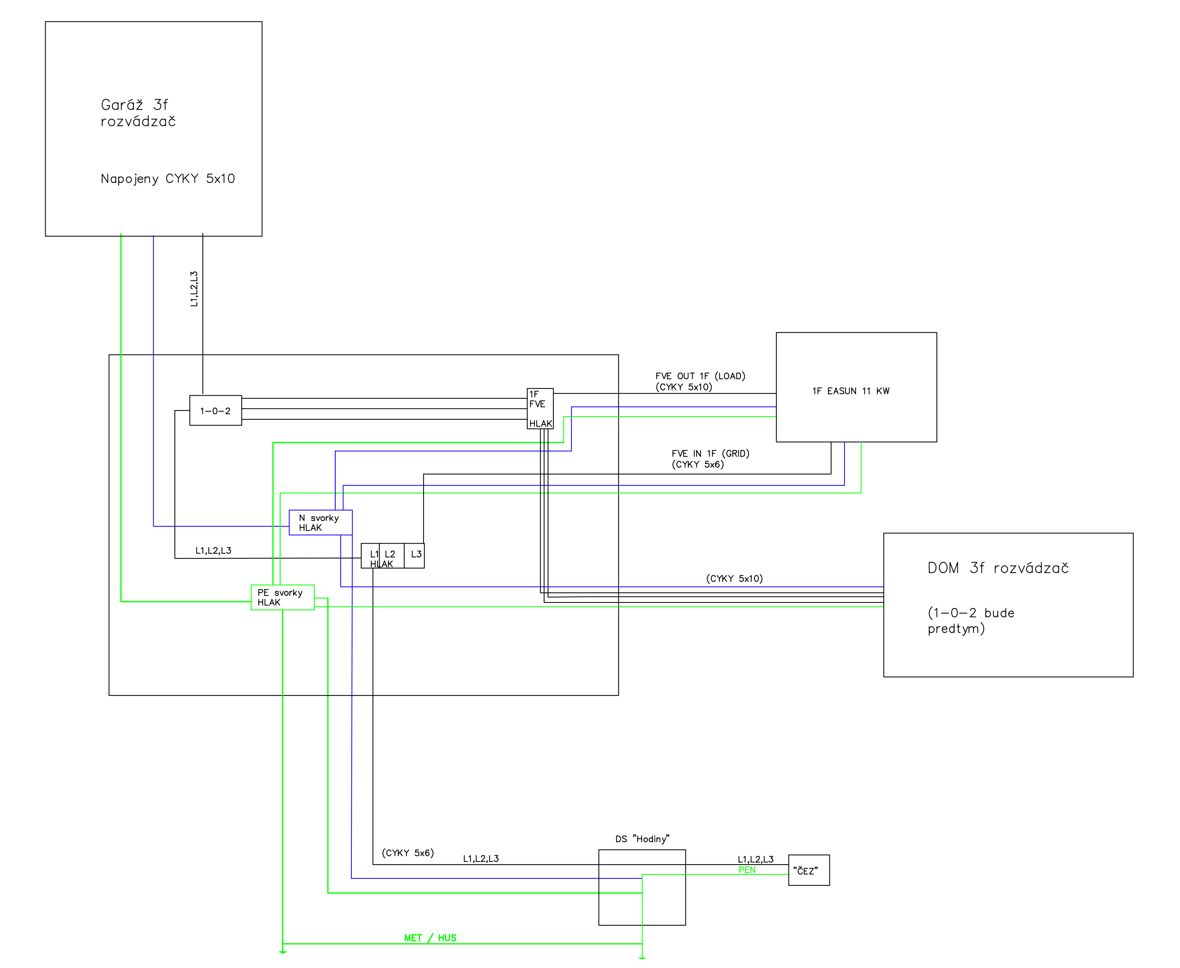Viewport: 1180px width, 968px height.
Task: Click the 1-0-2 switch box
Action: [215, 410]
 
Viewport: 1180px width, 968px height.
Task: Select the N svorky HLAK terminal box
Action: [320, 523]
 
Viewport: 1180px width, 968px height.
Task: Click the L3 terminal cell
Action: [415, 555]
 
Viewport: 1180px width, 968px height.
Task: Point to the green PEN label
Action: [747, 870]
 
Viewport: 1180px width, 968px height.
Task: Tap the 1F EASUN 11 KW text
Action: [850, 391]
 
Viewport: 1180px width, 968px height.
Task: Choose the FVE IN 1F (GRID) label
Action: [710, 454]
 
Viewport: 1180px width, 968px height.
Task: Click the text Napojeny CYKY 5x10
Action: [168, 179]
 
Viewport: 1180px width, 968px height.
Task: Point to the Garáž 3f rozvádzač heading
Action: [138, 113]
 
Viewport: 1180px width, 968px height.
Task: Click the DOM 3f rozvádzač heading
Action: [998, 568]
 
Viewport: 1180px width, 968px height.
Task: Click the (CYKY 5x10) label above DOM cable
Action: [734, 579]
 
